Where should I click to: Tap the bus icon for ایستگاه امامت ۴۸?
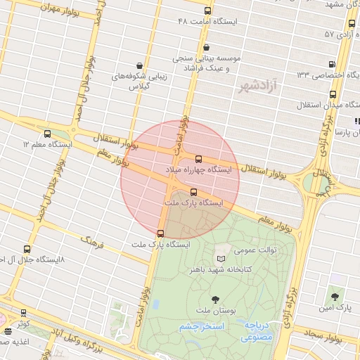click(x=207, y=11)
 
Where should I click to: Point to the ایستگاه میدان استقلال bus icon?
click(x=333, y=94)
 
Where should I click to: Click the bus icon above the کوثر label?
click(x=24, y=313)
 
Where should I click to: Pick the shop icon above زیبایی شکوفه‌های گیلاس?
click(x=140, y=65)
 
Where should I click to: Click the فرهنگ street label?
click(x=91, y=243)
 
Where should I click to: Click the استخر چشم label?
click(x=201, y=327)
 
